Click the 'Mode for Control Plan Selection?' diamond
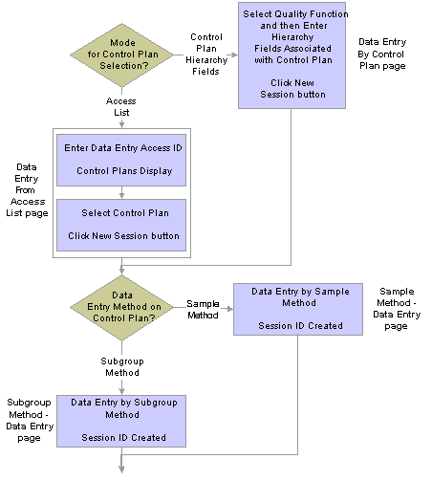pos(121,55)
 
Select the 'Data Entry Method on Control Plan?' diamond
pos(121,308)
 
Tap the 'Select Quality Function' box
pos(292,55)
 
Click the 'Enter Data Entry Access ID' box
pos(121,160)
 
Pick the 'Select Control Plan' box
pos(121,225)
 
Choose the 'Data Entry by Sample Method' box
pos(298,309)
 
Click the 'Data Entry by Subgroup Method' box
pos(121,421)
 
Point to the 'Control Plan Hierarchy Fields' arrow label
pos(206,55)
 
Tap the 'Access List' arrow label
pos(121,107)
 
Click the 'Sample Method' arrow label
pos(203,309)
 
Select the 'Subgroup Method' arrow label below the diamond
pos(122,367)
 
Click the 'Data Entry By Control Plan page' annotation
pos(382,54)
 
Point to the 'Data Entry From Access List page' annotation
pos(27,190)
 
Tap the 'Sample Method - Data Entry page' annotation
pos(397,309)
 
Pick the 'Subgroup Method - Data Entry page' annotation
pos(30,420)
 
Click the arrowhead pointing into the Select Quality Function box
pos(234,55)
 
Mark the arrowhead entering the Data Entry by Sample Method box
pos(229,309)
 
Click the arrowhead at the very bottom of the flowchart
pos(121,470)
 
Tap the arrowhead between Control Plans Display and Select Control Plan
pos(121,195)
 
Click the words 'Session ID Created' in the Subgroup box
pos(123,438)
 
